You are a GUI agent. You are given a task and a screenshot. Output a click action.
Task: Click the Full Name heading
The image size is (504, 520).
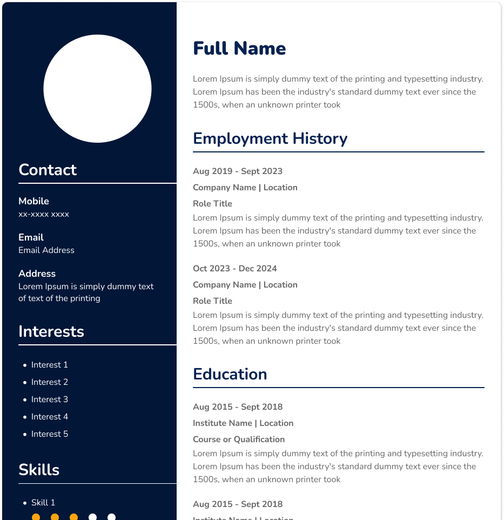239,49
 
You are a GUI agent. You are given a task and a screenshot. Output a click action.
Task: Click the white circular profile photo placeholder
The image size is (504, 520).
97,89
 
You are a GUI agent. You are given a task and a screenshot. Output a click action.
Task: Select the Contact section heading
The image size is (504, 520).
48,170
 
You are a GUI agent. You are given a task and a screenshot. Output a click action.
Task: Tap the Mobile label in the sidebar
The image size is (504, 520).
33,201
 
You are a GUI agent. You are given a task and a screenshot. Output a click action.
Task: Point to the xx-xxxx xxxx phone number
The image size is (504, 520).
44,214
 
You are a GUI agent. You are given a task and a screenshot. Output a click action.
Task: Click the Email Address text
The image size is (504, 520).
46,250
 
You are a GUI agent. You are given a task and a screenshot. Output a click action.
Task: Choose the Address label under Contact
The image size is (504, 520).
37,274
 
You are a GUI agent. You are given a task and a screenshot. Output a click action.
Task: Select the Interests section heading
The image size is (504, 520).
51,331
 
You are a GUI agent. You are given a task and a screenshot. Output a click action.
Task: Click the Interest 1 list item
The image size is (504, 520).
50,365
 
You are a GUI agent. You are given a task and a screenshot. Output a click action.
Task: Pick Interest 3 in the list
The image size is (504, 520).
50,399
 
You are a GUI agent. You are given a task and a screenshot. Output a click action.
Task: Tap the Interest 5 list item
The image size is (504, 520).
50,434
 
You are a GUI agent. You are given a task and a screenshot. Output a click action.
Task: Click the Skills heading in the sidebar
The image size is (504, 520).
39,470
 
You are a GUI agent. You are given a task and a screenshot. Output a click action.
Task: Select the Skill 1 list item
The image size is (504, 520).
43,503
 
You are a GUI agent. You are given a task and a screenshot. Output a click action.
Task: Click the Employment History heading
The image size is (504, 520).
270,139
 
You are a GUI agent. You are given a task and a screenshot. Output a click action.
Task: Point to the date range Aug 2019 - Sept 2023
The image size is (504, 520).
238,171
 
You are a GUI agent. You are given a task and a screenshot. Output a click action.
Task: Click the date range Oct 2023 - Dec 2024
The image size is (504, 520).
235,269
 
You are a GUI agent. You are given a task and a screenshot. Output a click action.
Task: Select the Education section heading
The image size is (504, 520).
230,375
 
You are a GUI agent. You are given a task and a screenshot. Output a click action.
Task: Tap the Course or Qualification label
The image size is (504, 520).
239,439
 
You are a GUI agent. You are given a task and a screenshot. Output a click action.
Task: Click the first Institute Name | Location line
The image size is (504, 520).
243,423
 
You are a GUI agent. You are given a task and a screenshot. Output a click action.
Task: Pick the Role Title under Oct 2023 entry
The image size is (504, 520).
212,301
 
